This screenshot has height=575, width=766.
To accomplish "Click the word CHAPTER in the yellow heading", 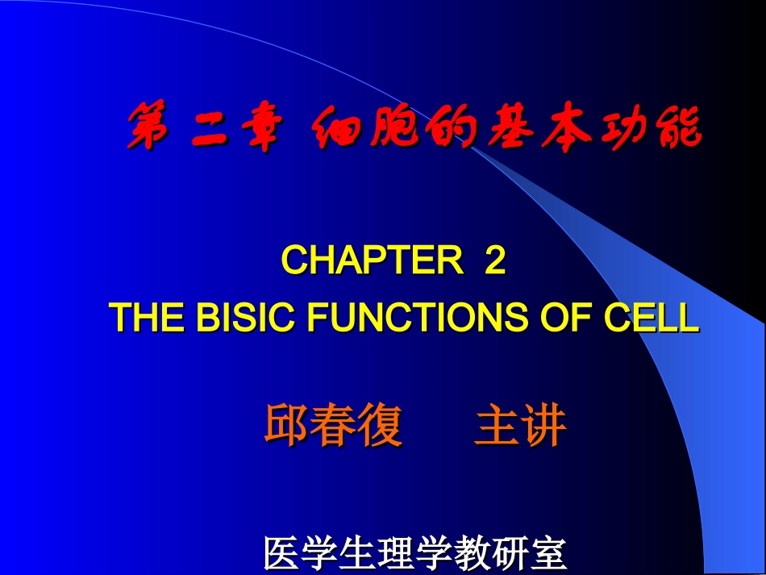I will (370, 261).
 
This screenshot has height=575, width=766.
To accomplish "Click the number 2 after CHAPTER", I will (494, 261).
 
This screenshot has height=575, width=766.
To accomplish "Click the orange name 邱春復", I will (333, 425).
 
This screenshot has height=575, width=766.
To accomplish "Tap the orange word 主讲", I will (521, 425).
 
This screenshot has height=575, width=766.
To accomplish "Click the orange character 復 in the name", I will (379, 425).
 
